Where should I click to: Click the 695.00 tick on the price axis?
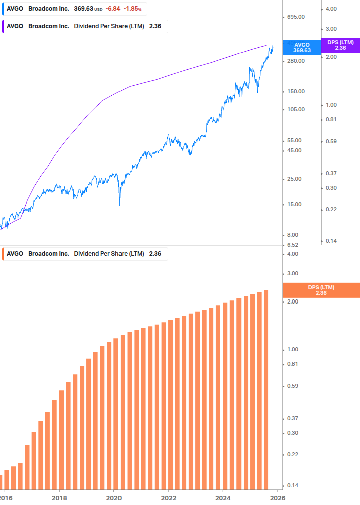pyautogui.click(x=295, y=17)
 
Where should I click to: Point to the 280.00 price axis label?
pyautogui.click(x=295, y=61)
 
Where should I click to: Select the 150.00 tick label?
pyautogui.click(x=295, y=91)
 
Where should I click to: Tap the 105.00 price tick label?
pyautogui.click(x=295, y=109)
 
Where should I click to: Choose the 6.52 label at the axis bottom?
pyautogui.click(x=291, y=245)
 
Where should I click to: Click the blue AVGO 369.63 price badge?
pyautogui.click(x=302, y=47)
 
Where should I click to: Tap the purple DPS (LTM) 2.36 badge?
pyautogui.click(x=340, y=45)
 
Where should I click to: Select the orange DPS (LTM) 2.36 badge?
pyautogui.click(x=321, y=290)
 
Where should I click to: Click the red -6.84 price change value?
pyautogui.click(x=113, y=9)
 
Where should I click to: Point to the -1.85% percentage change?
pyautogui.click(x=133, y=9)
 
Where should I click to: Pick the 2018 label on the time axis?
pyautogui.click(x=59, y=497)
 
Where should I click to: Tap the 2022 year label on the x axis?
pyautogui.click(x=169, y=497)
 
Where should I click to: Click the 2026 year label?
pyautogui.click(x=278, y=497)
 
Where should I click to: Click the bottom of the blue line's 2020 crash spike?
pyautogui.click(x=119, y=205)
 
